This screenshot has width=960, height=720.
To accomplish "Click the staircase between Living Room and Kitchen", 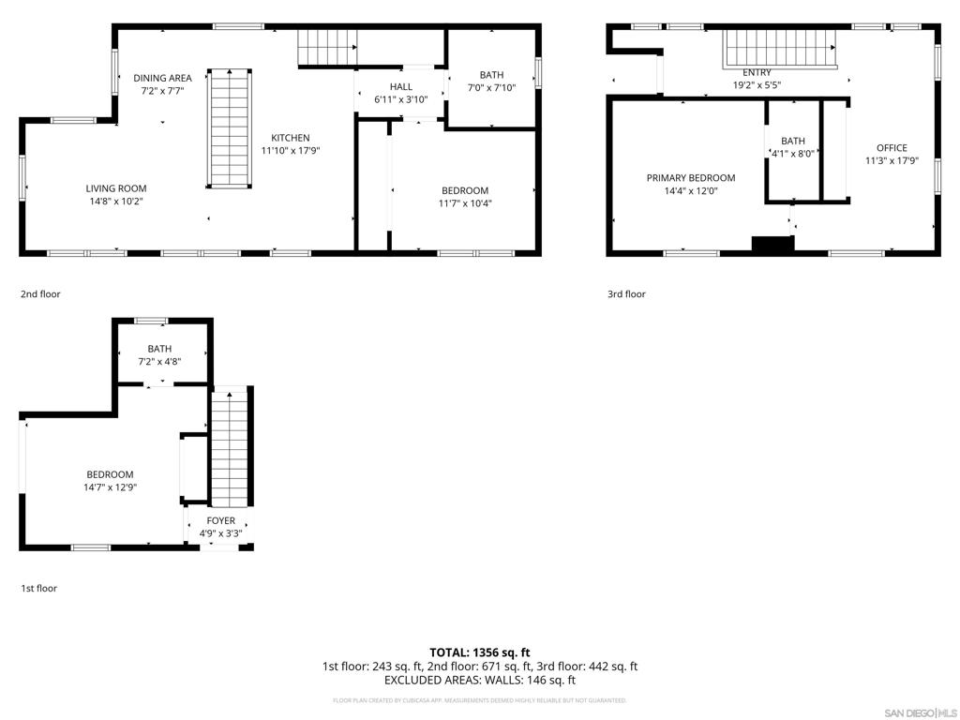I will tap(229, 127).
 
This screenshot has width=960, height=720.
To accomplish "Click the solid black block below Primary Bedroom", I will tap(772, 244).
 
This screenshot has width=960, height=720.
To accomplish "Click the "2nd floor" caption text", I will tap(40, 294).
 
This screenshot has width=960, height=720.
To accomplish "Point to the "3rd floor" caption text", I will tap(626, 294).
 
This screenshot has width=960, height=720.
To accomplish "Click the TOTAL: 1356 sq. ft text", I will tap(479, 652).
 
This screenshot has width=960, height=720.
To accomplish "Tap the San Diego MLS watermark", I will tap(920, 712).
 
